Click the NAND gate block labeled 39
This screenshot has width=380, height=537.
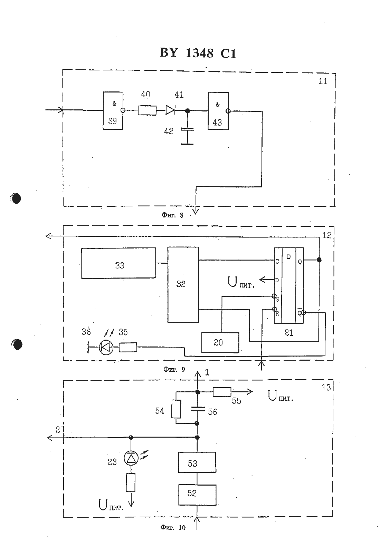[x=113, y=111]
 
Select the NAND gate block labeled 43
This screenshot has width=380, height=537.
[x=218, y=111]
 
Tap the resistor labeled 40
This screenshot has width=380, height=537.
[x=147, y=110]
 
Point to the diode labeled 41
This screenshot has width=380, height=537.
[x=170, y=110]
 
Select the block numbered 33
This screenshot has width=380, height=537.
[x=118, y=263]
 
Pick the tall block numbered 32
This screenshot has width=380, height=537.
[x=183, y=285]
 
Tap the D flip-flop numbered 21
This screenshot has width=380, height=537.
[x=289, y=285]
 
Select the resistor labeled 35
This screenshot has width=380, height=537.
[x=128, y=347]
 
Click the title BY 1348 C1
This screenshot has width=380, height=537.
[x=198, y=53]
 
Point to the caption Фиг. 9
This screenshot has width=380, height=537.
[x=174, y=369]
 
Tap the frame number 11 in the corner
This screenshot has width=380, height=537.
[x=323, y=81]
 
